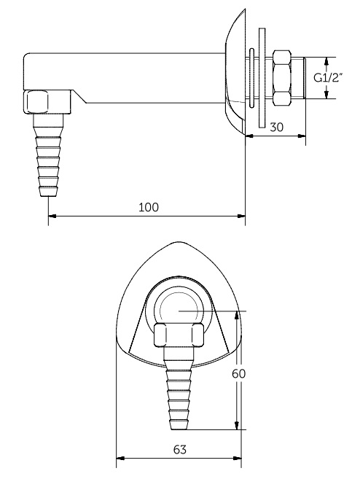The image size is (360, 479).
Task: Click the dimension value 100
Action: click(148, 207)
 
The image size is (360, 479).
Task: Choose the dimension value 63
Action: click(180, 451)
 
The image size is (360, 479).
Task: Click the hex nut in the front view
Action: click(179, 335)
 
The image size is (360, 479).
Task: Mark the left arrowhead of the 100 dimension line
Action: click(52, 216)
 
